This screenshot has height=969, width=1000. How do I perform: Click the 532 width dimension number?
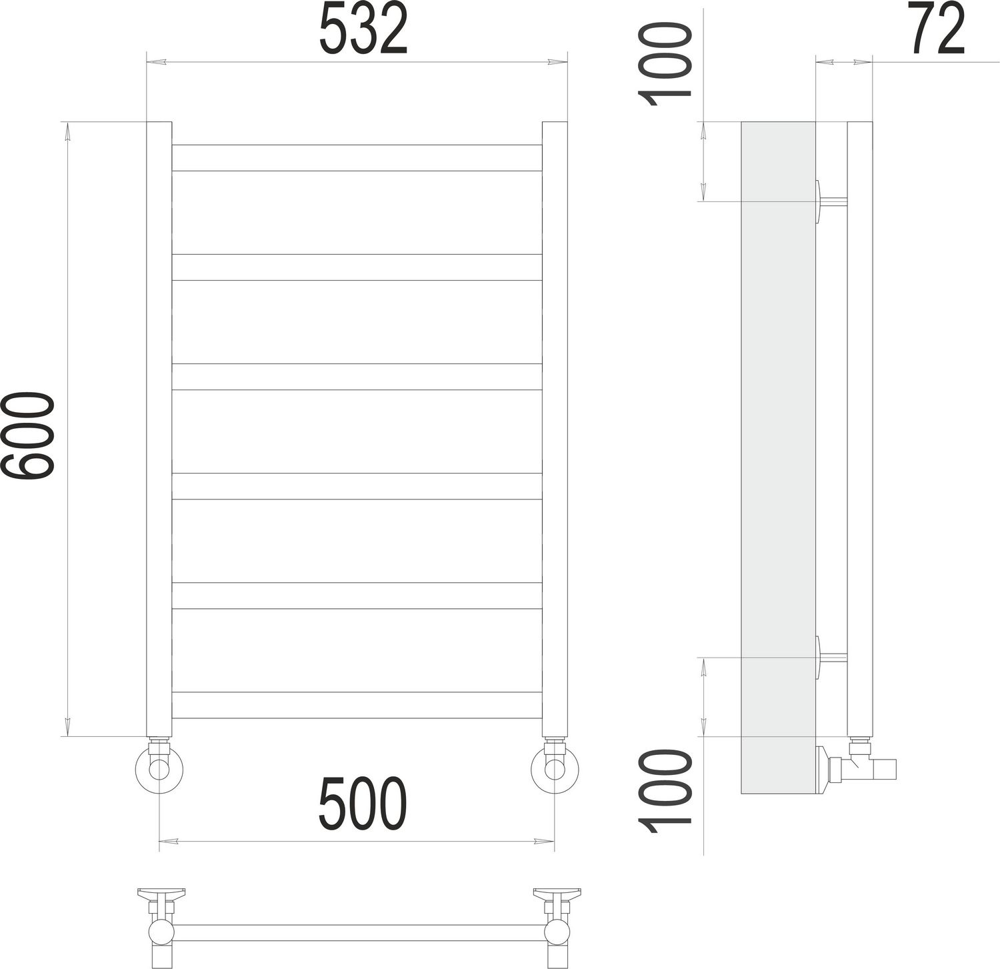[x=363, y=30]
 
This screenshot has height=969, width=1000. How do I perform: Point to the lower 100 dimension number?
[x=664, y=787]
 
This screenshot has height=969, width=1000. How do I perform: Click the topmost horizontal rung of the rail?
[x=357, y=158]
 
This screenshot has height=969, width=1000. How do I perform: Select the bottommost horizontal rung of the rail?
[x=357, y=705]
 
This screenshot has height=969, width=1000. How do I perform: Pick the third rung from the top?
[x=357, y=377]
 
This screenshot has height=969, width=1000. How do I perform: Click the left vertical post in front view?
[x=159, y=427]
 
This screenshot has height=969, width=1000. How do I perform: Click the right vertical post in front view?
[x=555, y=427]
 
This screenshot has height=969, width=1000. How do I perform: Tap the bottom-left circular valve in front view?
[x=159, y=769]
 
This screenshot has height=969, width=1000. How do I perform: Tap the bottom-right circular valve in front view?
[x=555, y=769]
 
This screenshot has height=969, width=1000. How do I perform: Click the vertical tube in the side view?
[x=860, y=427]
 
